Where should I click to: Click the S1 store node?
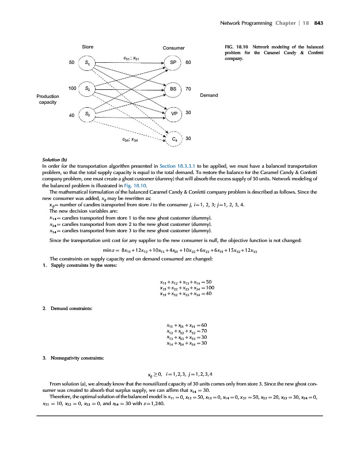(x=86, y=62)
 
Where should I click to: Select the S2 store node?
(x=86, y=89)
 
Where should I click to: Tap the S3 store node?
(x=86, y=115)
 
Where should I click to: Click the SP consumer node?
(x=174, y=62)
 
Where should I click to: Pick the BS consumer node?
(x=174, y=89)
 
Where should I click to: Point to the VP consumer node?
(x=174, y=113)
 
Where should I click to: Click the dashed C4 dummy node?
(x=174, y=139)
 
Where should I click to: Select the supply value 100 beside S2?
(x=73, y=88)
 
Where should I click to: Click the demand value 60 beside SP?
(x=188, y=62)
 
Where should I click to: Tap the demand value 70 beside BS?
(x=188, y=89)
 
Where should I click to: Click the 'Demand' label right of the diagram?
(x=208, y=95)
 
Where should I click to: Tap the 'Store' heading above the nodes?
(x=88, y=46)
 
